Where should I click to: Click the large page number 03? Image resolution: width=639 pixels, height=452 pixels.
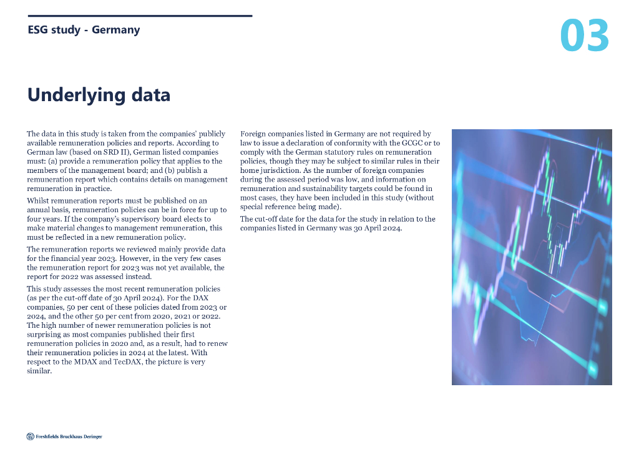[584, 36]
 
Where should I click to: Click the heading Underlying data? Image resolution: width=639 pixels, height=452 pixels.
[99, 95]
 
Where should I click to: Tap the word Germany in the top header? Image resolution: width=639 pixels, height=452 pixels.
[115, 30]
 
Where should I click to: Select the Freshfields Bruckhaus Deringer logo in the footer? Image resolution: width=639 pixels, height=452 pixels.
[64, 436]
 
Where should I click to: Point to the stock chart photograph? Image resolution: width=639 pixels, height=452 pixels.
[532, 257]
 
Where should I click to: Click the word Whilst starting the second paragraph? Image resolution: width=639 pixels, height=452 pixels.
[38, 200]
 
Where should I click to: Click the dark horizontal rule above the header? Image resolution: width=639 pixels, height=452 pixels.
[140, 16]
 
